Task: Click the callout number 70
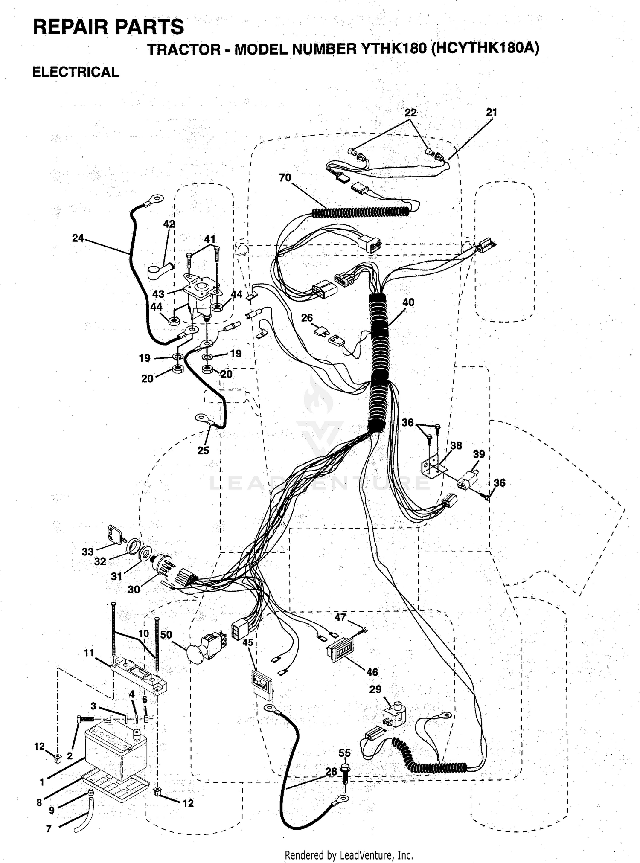pyautogui.click(x=285, y=177)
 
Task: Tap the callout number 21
pyautogui.click(x=492, y=113)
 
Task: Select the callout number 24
pyautogui.click(x=78, y=238)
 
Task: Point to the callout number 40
pyautogui.click(x=408, y=302)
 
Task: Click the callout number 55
pyautogui.click(x=344, y=753)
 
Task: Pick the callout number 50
pyautogui.click(x=166, y=635)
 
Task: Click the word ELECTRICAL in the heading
pyautogui.click(x=76, y=72)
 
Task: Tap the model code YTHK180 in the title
pyautogui.click(x=393, y=49)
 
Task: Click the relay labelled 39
pyautogui.click(x=468, y=479)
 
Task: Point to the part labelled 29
pyautogui.click(x=394, y=715)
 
